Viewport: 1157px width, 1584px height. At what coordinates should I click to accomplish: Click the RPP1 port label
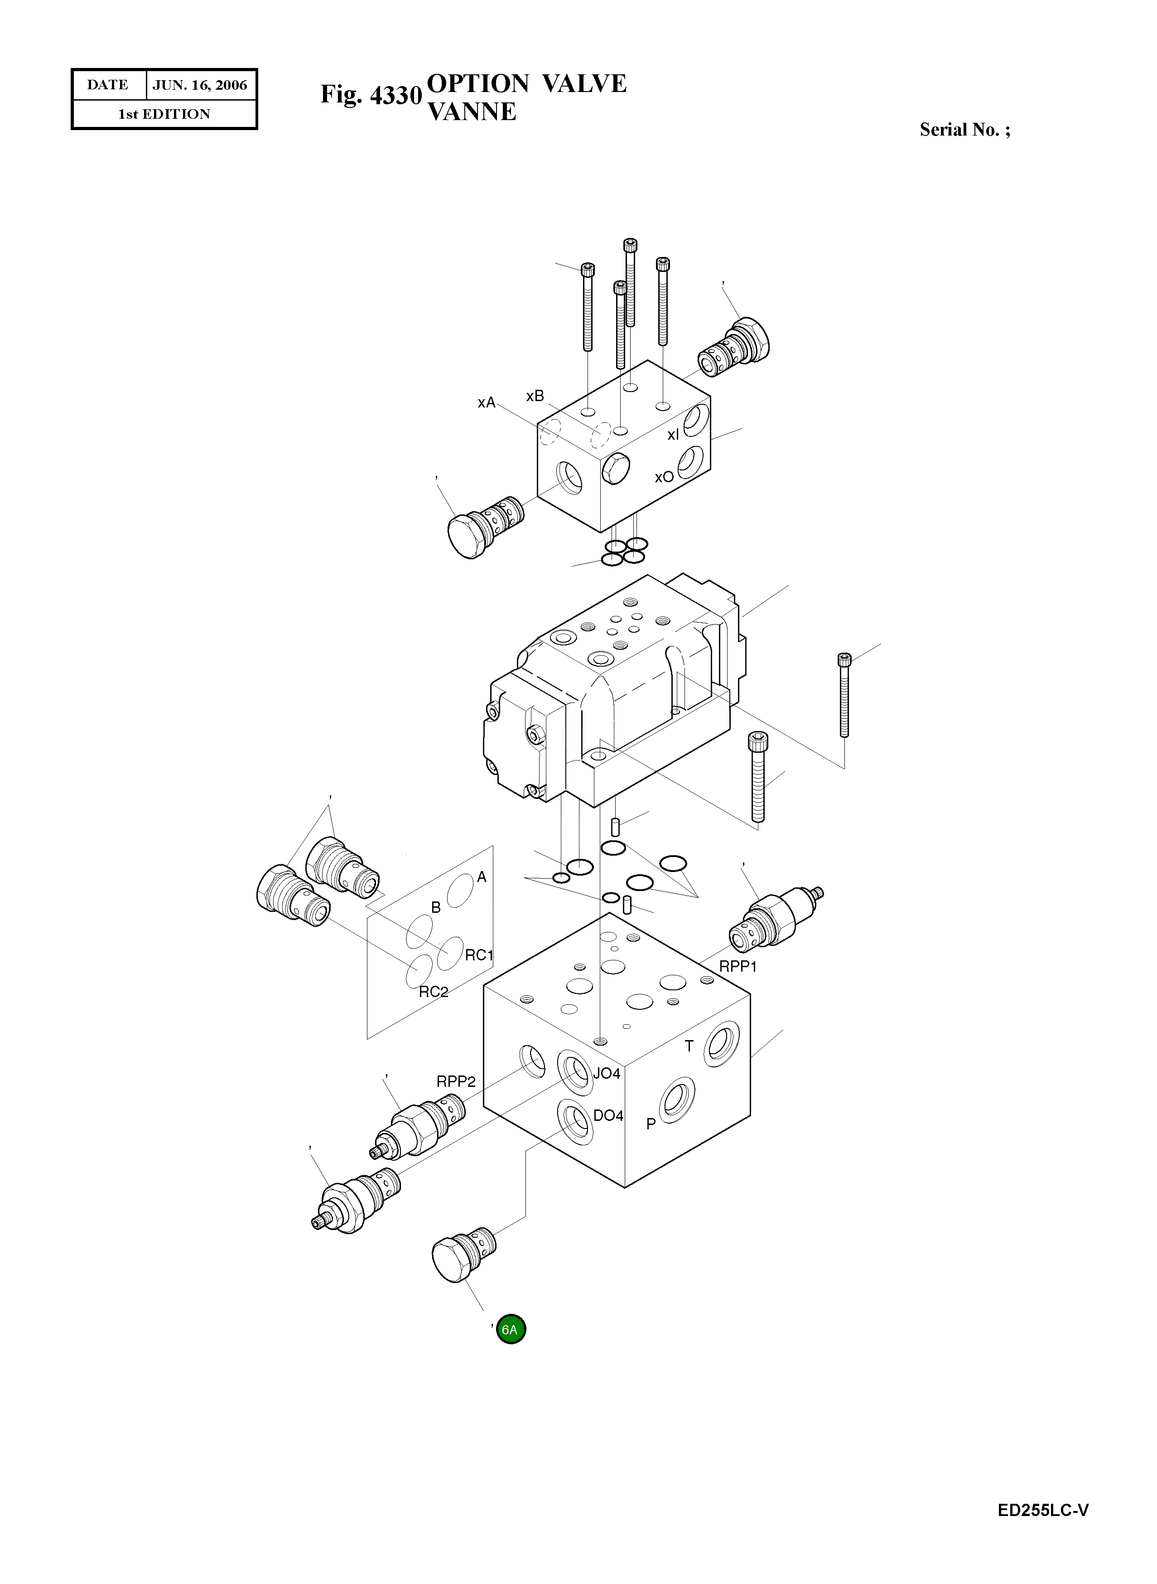pyautogui.click(x=738, y=967)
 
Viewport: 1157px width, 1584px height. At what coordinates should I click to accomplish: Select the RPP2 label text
pyautogui.click(x=456, y=1082)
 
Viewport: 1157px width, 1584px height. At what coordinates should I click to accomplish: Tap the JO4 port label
pyautogui.click(x=607, y=1073)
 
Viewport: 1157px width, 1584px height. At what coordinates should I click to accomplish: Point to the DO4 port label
pyautogui.click(x=608, y=1116)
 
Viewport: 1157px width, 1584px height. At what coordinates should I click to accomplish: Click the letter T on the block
pyautogui.click(x=689, y=1046)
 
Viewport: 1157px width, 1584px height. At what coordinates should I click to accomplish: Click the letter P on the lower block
pyautogui.click(x=651, y=1124)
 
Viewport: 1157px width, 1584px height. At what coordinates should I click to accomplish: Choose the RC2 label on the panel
pyautogui.click(x=434, y=992)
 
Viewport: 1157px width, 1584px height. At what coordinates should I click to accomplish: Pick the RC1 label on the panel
pyautogui.click(x=480, y=955)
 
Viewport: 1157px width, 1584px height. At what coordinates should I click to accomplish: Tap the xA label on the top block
pyautogui.click(x=486, y=403)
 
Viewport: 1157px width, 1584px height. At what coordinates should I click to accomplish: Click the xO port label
pyautogui.click(x=664, y=477)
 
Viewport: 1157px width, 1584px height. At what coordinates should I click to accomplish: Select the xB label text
pyautogui.click(x=535, y=397)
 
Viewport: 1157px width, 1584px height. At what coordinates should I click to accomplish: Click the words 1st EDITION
pyautogui.click(x=164, y=114)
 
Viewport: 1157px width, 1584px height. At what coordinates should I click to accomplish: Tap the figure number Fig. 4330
pyautogui.click(x=371, y=95)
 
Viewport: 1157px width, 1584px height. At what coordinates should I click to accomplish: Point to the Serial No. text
pyautogui.click(x=964, y=130)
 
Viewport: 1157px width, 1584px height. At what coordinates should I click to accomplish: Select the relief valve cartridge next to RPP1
pyautogui.click(x=774, y=919)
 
